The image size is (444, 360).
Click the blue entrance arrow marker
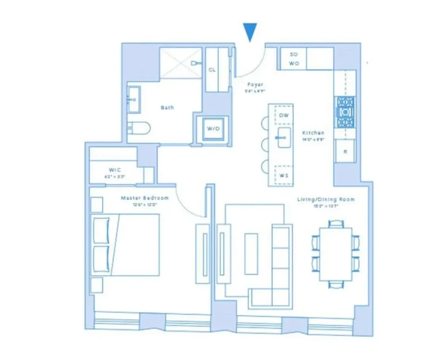pos(250,31)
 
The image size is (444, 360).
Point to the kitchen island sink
pos(284,137)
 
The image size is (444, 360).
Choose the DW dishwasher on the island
pos(284,115)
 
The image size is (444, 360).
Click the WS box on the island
pos(284,174)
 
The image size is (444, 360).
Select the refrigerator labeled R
pos(345,151)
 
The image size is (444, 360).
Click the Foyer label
pos(255,85)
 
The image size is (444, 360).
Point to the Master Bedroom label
pos(145,198)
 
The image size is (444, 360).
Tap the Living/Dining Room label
pos(326,199)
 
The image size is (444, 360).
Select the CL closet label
pos(212,70)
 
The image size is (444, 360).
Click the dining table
pos(336,254)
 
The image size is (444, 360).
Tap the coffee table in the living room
pos(251,254)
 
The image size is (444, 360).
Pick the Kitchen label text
pos(313,133)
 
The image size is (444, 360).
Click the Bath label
pos(167,108)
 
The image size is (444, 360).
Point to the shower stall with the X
pos(181,63)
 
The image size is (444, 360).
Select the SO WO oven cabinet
pos(294,59)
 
